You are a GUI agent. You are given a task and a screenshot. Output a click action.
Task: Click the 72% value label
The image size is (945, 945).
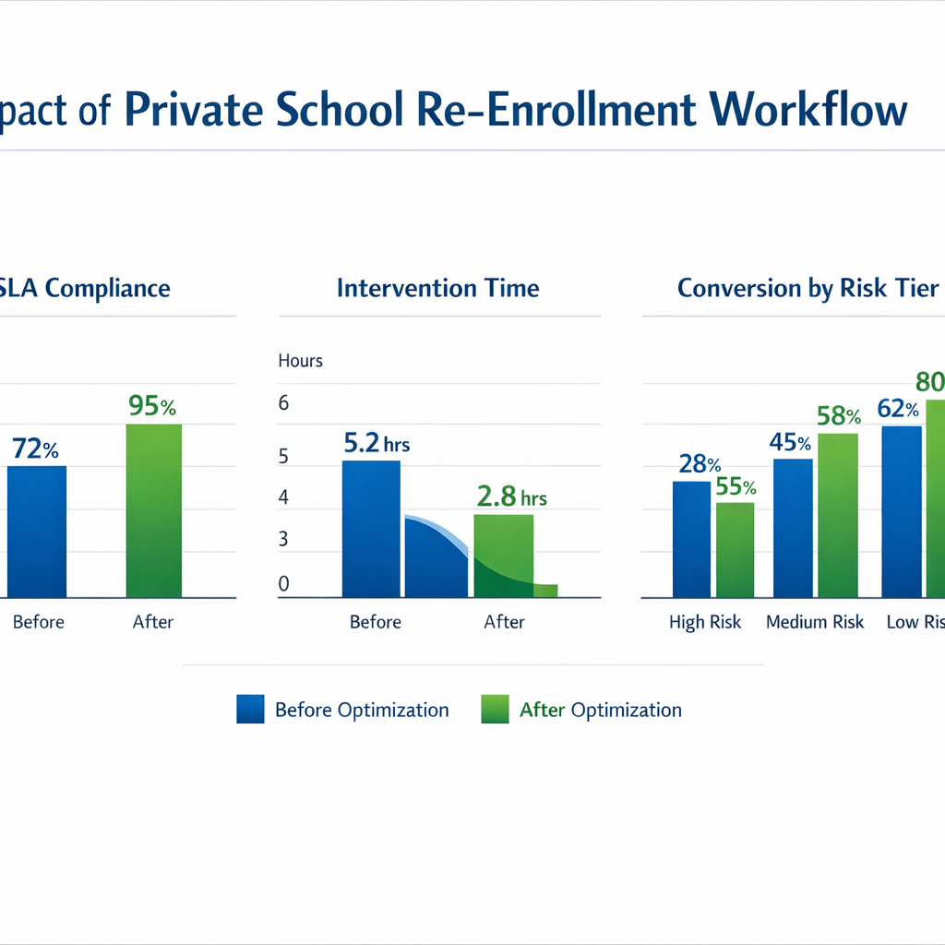pos(36,450)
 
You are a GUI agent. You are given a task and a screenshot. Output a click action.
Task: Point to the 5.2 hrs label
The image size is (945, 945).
pos(376,444)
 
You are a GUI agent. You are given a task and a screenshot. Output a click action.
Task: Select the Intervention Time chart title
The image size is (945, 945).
pos(437,288)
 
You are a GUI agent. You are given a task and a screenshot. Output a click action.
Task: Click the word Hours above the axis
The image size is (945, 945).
pos(300,361)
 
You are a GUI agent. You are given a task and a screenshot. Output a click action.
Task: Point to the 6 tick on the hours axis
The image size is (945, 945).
pos(284,403)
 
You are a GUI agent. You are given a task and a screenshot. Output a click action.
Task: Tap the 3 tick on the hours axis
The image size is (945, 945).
pos(284,539)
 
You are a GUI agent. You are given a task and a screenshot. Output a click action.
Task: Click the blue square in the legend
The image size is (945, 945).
pos(250,710)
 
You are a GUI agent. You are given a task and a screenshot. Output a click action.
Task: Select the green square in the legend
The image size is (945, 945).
pos(495,710)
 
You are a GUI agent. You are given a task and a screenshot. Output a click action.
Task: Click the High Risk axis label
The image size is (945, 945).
pos(705,622)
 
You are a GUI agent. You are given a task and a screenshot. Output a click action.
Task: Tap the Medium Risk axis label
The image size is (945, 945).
pos(815,622)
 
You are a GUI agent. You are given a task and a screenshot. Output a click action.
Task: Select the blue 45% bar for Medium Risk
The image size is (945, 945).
pos(793,528)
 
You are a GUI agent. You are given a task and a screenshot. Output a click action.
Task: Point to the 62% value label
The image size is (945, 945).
pos(898,409)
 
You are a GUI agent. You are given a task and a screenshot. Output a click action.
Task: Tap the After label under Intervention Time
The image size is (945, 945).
pos(504,622)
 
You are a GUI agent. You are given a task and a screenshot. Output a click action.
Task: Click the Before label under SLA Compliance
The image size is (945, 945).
pos(39,622)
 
